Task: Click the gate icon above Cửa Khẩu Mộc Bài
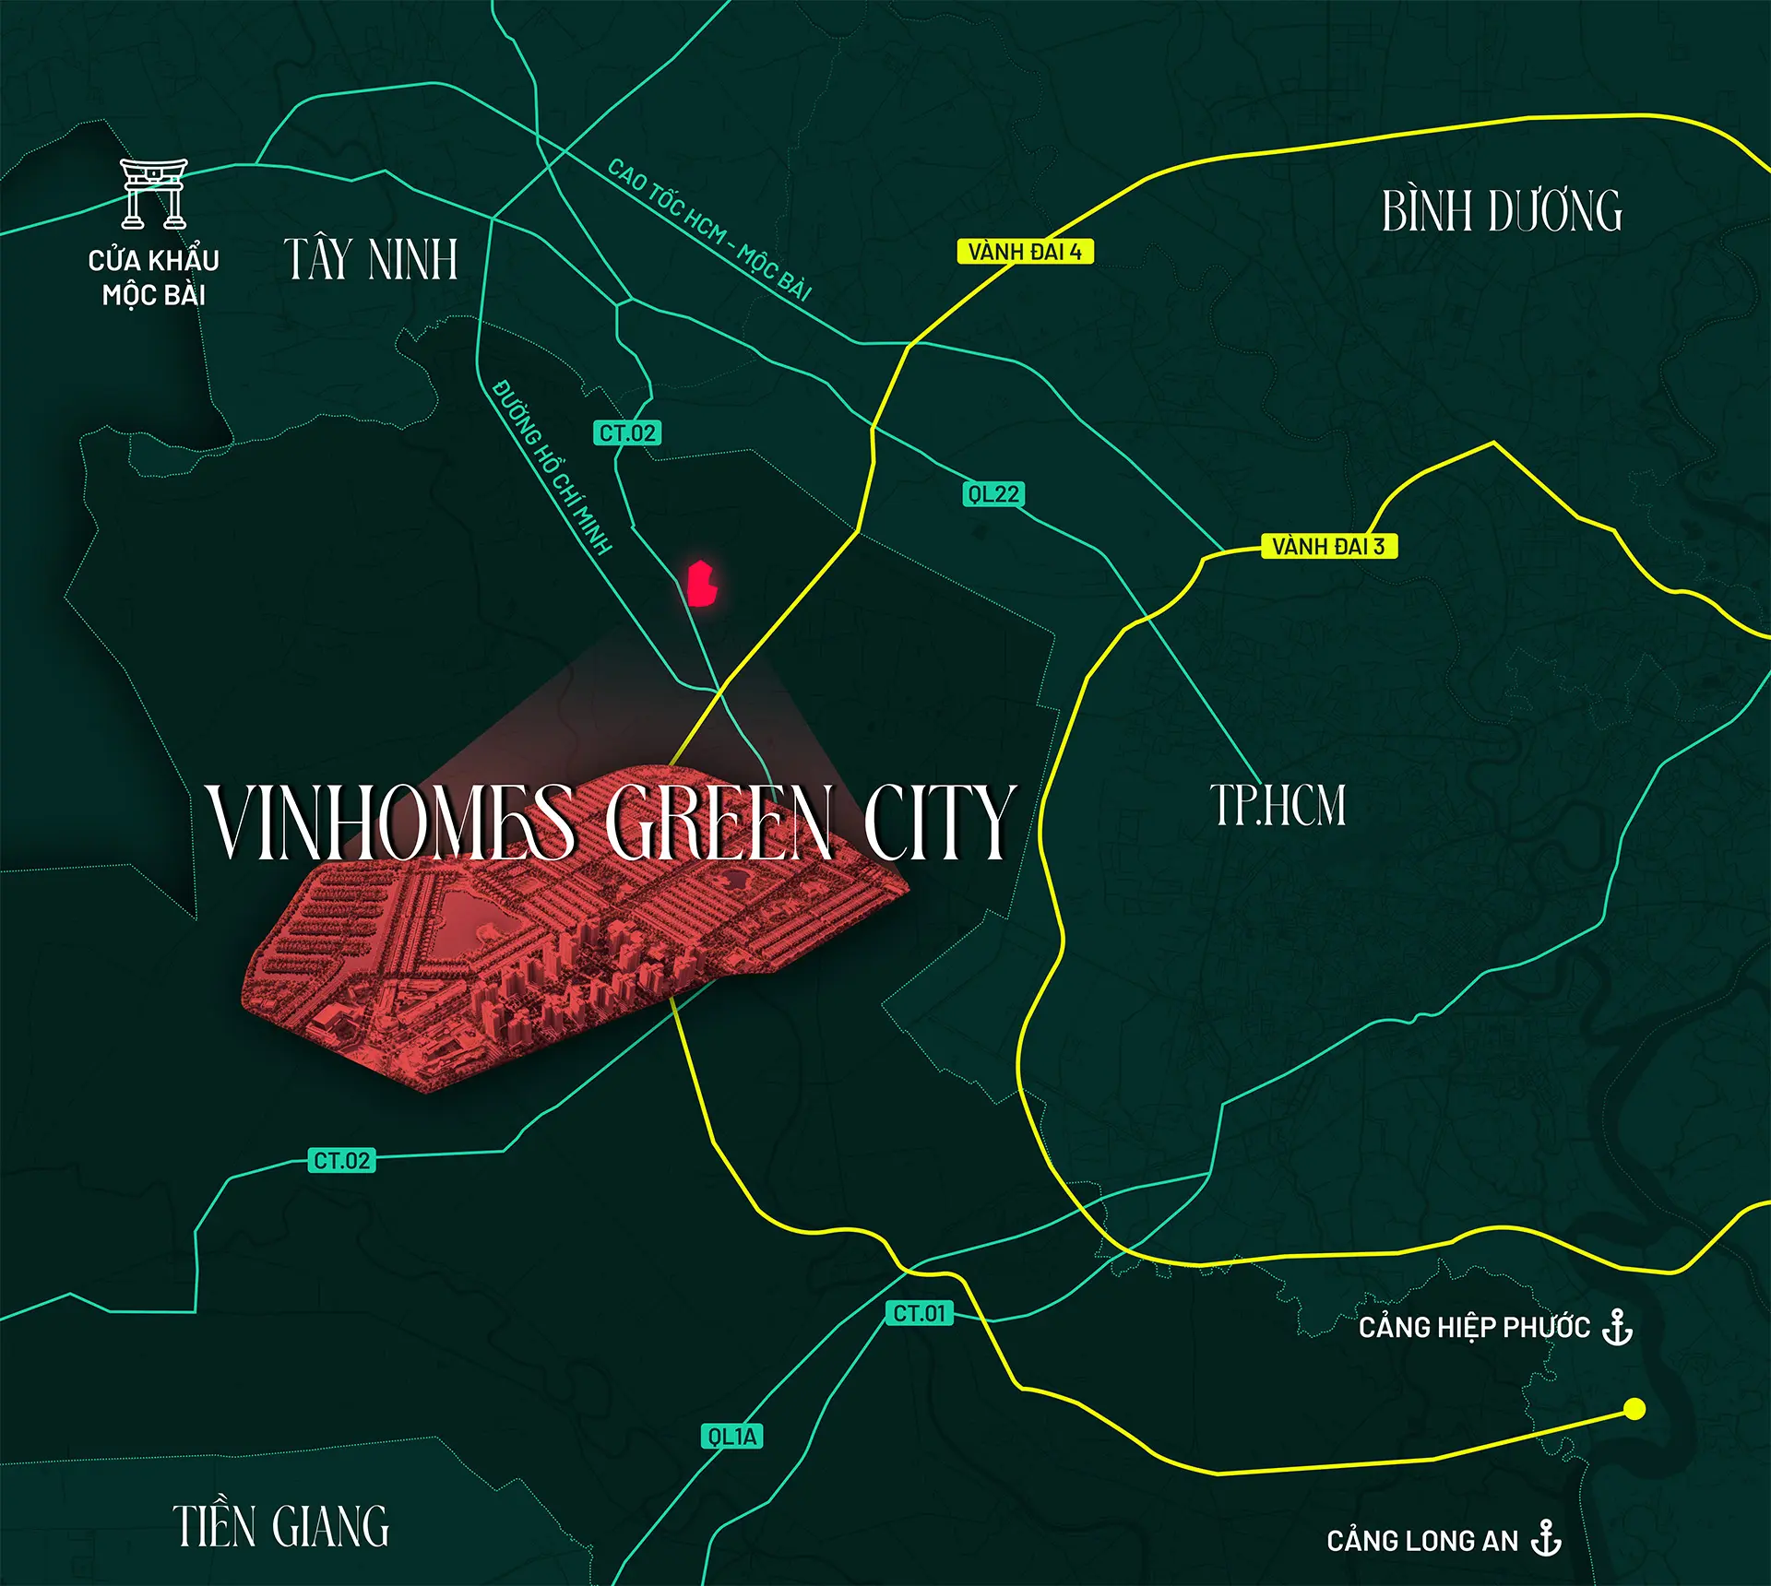pyautogui.click(x=153, y=194)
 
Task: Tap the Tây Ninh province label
pyautogui.click(x=371, y=259)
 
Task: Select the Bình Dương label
pyautogui.click(x=1502, y=211)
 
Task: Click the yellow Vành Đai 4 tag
pyautogui.click(x=1025, y=252)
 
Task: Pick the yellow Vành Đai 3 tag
pyautogui.click(x=1328, y=546)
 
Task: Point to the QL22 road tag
pyautogui.click(x=993, y=494)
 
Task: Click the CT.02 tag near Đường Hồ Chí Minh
pyautogui.click(x=627, y=433)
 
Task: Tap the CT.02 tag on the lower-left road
pyautogui.click(x=341, y=1161)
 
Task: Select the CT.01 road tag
pyautogui.click(x=920, y=1313)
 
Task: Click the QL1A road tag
pyautogui.click(x=731, y=1437)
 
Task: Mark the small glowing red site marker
pyautogui.click(x=703, y=584)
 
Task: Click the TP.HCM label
pyautogui.click(x=1278, y=805)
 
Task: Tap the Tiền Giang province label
pyautogui.click(x=281, y=1526)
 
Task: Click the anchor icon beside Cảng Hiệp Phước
pyautogui.click(x=1617, y=1327)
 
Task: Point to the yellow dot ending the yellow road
pyautogui.click(x=1634, y=1409)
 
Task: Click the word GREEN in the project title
pyautogui.click(x=719, y=823)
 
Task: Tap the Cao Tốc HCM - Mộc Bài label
pyautogui.click(x=709, y=230)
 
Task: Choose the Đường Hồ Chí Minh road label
pyautogui.click(x=552, y=467)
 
